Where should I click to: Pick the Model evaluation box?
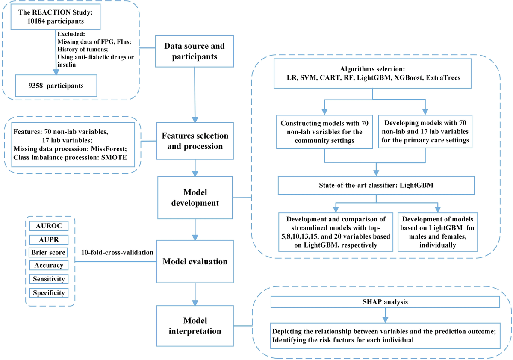[x=195, y=262]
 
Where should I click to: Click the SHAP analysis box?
[x=386, y=301]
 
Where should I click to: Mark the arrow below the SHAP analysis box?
[x=386, y=315]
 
